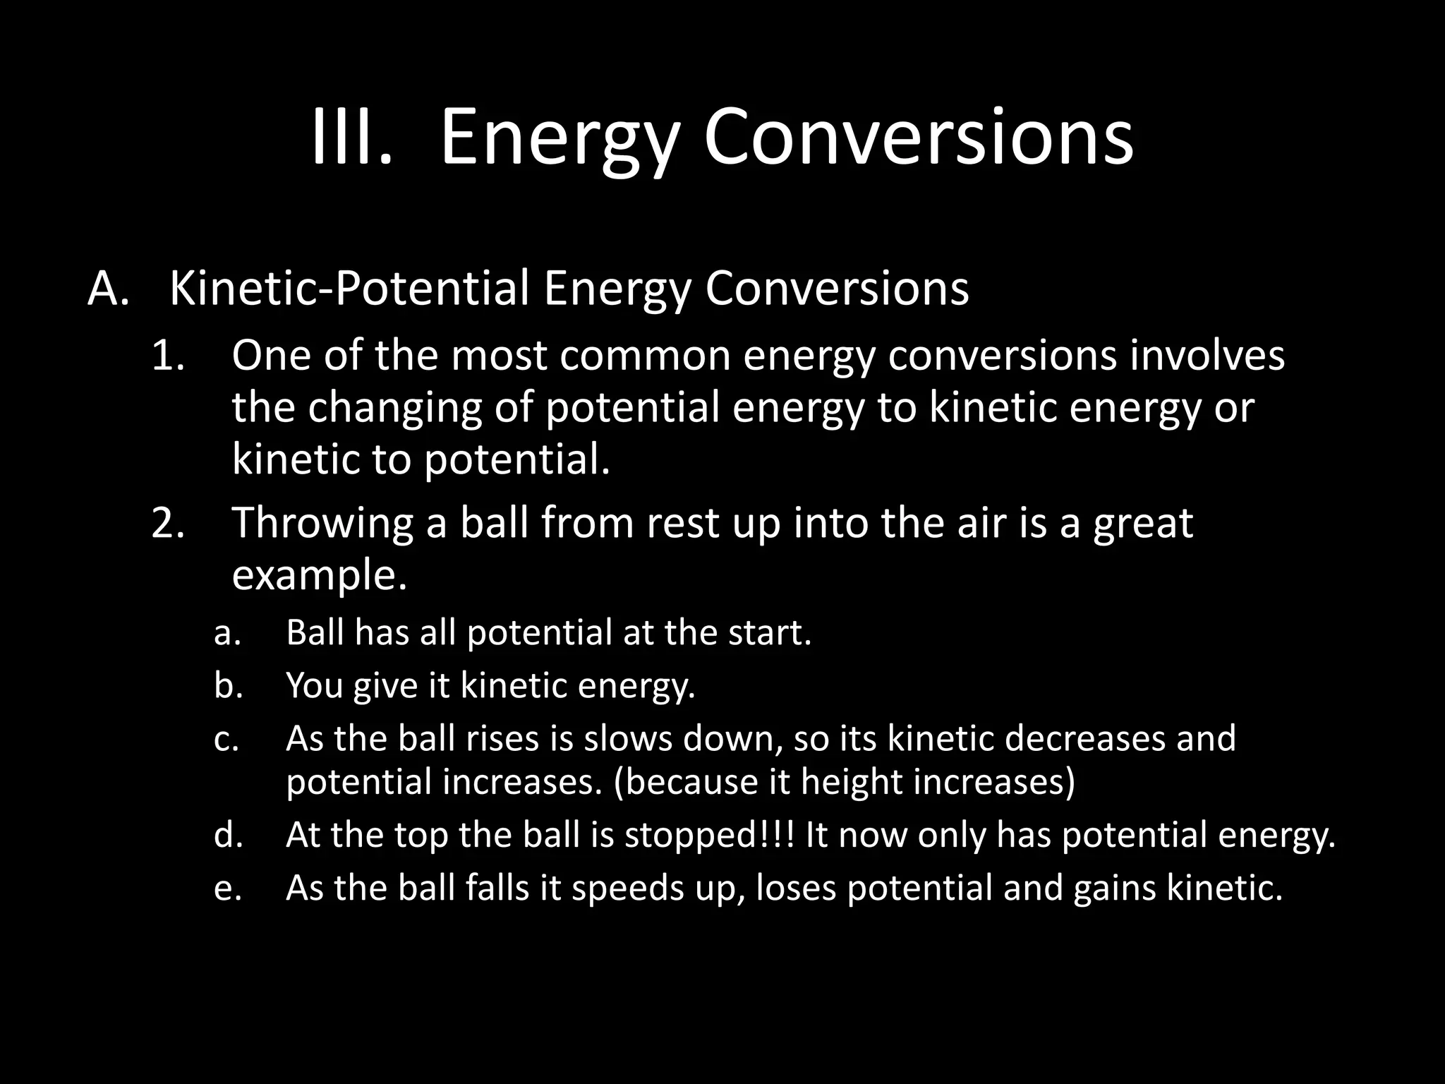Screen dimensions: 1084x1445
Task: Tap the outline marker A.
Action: pyautogui.click(x=108, y=289)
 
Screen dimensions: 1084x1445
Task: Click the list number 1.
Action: pyautogui.click(x=168, y=356)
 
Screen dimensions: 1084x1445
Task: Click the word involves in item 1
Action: pyautogui.click(x=1207, y=356)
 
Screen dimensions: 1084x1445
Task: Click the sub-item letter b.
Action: pyautogui.click(x=228, y=685)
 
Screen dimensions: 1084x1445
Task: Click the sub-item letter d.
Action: pyautogui.click(x=228, y=836)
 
